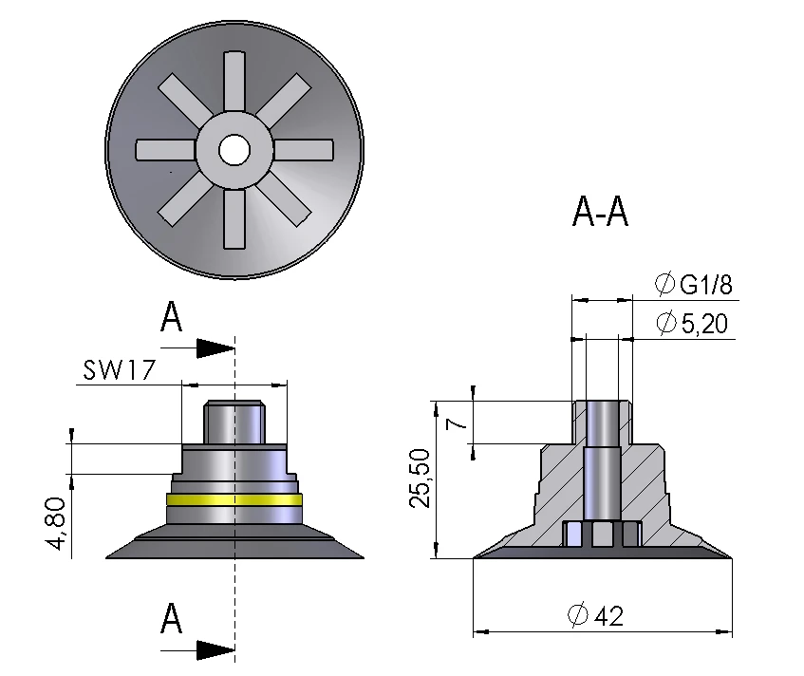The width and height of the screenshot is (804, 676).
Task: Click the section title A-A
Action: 600,213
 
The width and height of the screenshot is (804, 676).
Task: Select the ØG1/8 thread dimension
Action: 694,284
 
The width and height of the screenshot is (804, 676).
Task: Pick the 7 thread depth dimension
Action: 458,422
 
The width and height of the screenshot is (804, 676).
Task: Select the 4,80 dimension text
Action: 58,522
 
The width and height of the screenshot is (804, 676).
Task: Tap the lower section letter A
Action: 171,620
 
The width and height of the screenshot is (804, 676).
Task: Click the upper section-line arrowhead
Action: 215,348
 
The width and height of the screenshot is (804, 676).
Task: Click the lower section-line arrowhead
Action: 215,649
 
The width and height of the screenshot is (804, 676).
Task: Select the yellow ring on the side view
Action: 234,498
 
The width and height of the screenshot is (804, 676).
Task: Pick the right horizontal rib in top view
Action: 304,150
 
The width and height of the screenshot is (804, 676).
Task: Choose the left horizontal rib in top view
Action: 165,150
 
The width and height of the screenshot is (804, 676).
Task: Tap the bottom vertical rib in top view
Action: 234,218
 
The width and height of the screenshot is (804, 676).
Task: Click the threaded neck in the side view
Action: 234,422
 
